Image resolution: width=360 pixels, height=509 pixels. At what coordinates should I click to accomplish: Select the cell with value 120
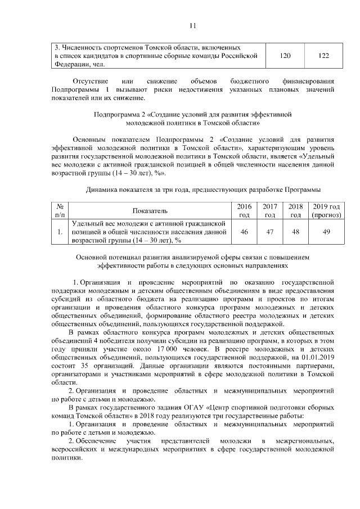coord(285,56)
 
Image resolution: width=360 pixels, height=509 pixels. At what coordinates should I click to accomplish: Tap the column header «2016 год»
coord(245,210)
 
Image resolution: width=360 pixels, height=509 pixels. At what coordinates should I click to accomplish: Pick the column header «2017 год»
coord(270,210)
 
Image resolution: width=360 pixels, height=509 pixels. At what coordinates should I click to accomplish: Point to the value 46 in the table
coord(245,232)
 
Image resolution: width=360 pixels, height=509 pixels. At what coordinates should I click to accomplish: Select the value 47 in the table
coord(270,232)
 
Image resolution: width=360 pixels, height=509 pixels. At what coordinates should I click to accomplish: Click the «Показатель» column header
coord(150,211)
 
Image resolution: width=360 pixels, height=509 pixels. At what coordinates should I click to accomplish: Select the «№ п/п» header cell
coord(59,210)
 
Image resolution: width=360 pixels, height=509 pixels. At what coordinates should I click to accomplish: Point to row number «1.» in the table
coord(59,232)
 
